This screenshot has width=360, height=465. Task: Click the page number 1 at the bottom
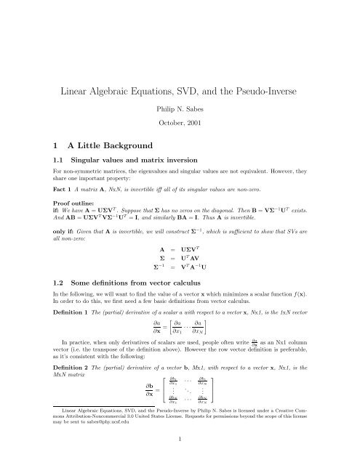[x=180, y=459]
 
